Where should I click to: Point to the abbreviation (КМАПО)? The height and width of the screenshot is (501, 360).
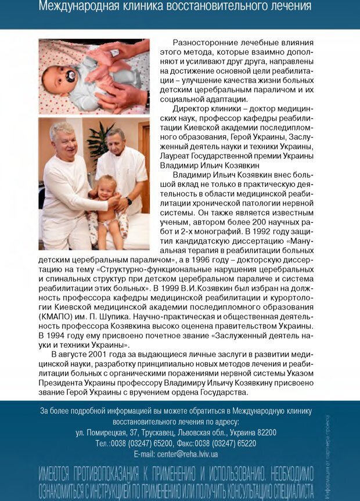click(x=57, y=316)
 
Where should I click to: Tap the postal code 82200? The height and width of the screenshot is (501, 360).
click(x=264, y=432)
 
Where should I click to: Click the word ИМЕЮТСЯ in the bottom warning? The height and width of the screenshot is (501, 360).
click(x=60, y=471)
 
